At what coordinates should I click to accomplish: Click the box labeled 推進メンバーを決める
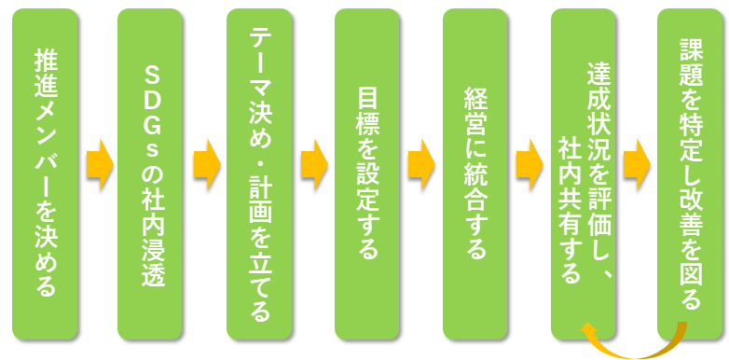point(44,173)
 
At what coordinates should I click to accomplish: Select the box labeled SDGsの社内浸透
point(152,173)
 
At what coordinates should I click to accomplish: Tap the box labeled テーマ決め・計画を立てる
point(260,173)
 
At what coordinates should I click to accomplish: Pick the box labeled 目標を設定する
point(368,173)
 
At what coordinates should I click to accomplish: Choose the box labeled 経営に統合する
point(475,173)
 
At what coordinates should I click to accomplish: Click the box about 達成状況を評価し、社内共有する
point(584,173)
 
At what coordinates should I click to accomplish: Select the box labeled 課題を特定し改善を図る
point(691,173)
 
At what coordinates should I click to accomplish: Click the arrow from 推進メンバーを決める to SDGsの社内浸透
point(98,165)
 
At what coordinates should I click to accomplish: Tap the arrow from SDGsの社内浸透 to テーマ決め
point(206,165)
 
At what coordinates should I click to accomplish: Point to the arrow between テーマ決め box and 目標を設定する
point(314,165)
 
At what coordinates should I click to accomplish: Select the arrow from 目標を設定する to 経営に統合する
point(421,165)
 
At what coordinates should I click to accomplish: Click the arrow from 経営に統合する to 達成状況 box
point(530,165)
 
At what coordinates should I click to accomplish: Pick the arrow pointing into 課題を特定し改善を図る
point(638,165)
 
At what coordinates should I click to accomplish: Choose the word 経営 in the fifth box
point(475,110)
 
